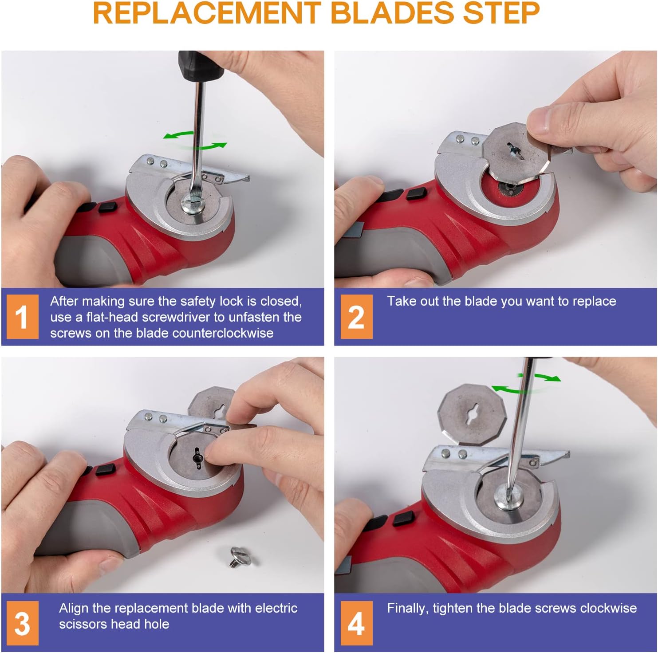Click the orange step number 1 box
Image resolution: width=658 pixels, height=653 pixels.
point(22,317)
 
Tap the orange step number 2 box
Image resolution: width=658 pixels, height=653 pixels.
point(356,317)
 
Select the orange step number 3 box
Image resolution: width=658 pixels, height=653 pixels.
point(22,623)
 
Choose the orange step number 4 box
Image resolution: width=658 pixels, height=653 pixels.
point(356,623)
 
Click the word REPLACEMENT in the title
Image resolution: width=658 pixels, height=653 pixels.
point(207,13)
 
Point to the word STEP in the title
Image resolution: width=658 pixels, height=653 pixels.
point(501,13)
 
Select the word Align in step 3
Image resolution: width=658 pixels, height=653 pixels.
point(74,608)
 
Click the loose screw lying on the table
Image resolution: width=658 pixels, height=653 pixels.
point(240,556)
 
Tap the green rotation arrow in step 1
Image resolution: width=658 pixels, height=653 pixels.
point(195,141)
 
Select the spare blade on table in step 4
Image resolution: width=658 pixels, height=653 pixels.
point(472,413)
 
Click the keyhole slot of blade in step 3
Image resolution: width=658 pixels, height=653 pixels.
point(197,457)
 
